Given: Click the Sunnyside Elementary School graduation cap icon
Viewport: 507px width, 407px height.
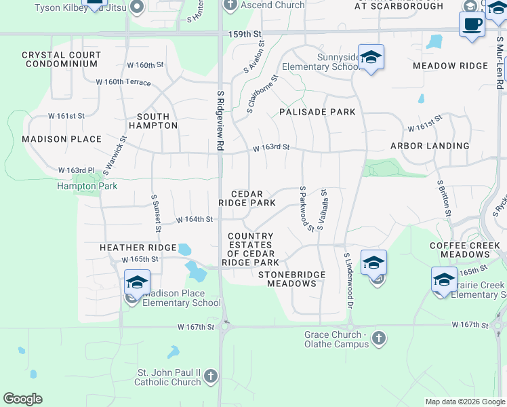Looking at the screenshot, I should click(371, 57).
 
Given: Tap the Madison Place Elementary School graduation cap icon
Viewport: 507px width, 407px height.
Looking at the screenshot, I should click(136, 282).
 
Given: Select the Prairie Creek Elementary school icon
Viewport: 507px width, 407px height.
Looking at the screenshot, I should click(444, 279).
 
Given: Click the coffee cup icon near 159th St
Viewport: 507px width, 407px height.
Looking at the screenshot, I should click(472, 24).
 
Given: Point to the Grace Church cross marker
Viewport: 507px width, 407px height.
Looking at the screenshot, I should click(379, 337).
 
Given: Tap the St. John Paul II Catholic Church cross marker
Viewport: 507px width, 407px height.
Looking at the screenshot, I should click(211, 375).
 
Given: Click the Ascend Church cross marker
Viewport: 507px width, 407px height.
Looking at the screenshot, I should click(230, 5).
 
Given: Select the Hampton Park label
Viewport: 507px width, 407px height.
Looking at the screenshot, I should click(87, 186).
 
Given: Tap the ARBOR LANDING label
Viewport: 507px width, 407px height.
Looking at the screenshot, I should click(430, 146).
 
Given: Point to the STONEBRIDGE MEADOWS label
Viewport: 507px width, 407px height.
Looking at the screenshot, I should click(291, 279).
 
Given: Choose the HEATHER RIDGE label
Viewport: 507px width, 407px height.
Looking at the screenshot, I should click(138, 248).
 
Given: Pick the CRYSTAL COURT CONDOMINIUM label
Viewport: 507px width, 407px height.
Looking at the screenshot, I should click(61, 59).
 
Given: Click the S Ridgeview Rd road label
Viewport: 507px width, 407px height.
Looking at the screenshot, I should click(220, 121).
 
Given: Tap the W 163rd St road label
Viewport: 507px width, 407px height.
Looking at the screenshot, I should click(271, 147).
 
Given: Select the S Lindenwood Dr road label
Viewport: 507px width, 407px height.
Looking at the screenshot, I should click(349, 282).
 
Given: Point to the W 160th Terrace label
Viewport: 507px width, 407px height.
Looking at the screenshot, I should click(123, 82).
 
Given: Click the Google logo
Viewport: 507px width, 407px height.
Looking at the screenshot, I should click(22, 399).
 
